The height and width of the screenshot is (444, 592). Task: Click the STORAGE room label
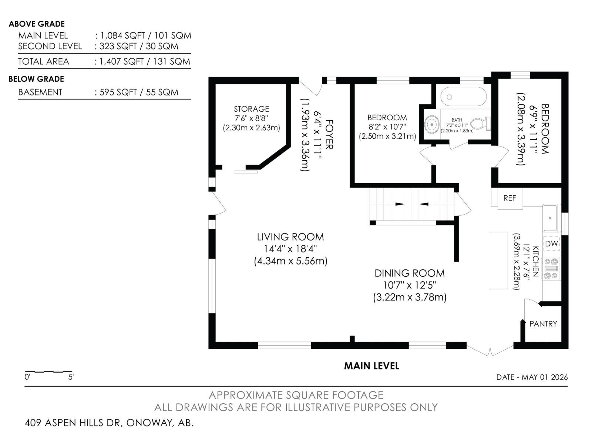click(251, 109)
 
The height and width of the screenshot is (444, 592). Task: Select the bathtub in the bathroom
click(464, 97)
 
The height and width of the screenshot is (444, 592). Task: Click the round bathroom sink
click(432, 125)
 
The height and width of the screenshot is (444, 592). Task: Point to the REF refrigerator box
click(510, 198)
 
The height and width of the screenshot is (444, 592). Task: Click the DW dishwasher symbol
click(552, 244)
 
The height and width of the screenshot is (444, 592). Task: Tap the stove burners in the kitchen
click(551, 269)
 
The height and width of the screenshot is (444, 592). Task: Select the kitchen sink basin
click(550, 218)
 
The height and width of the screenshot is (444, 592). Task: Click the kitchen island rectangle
click(498, 260)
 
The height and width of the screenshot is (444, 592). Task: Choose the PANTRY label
click(543, 324)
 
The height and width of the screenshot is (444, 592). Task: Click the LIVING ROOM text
click(290, 237)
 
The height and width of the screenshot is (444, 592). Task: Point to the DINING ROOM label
click(410, 273)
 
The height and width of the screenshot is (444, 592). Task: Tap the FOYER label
click(329, 134)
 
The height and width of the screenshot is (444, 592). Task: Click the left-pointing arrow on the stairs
click(424, 204)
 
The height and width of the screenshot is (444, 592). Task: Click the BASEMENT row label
click(40, 92)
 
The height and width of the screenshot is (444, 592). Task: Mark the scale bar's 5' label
click(71, 377)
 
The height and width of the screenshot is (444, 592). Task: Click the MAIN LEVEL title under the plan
click(371, 366)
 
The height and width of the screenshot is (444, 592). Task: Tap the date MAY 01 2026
click(545, 377)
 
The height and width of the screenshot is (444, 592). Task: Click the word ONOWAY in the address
click(149, 423)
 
